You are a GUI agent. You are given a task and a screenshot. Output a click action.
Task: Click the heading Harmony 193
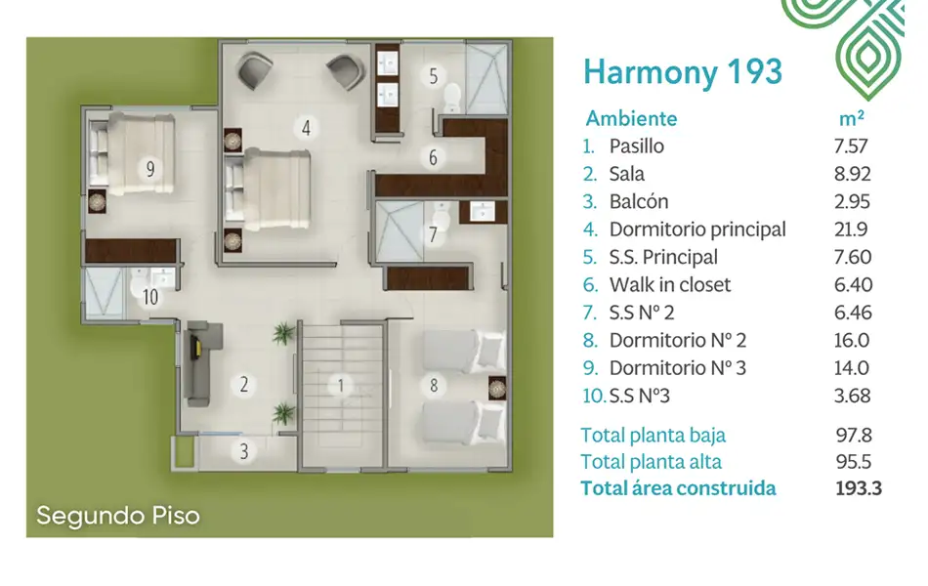(683, 72)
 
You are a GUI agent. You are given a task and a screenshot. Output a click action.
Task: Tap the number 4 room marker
(306, 127)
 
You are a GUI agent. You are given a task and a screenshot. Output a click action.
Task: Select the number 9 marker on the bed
(150, 169)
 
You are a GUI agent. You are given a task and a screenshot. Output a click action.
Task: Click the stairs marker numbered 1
(341, 387)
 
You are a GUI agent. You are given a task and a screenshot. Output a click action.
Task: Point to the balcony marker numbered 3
(244, 451)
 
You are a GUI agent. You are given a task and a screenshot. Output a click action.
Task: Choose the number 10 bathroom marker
(150, 297)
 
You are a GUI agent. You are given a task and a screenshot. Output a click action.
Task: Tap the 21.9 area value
(851, 230)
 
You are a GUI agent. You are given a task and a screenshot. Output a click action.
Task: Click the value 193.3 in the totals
(859, 488)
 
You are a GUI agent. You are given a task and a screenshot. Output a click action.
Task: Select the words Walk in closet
(670, 285)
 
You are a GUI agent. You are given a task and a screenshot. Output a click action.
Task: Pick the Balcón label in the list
(639, 201)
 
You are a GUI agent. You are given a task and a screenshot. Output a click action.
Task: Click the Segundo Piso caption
(118, 516)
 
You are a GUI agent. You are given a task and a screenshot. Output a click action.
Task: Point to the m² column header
(852, 118)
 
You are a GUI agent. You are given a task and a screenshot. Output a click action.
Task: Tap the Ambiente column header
(631, 118)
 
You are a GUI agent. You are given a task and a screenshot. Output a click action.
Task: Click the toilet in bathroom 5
(452, 98)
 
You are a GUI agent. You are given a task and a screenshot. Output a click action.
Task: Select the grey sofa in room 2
(199, 364)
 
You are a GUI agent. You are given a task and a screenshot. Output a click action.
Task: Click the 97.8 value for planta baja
(854, 435)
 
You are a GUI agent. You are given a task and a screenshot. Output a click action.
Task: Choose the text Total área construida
(678, 488)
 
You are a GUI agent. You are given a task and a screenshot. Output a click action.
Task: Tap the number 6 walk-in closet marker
(433, 157)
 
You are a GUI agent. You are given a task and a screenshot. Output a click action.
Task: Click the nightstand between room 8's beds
(497, 388)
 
